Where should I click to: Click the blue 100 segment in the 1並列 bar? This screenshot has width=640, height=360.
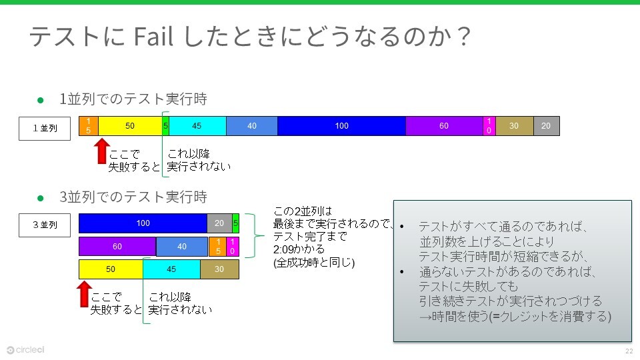(341, 126)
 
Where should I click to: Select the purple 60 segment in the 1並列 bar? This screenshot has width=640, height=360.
(444, 126)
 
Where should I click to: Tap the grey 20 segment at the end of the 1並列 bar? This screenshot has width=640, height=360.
(546, 126)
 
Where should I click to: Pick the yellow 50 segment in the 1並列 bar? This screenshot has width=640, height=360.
(130, 126)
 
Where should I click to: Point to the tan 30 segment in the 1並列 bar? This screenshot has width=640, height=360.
(514, 126)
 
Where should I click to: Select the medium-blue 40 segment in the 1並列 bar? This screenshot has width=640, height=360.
(251, 126)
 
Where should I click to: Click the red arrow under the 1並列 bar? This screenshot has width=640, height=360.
(101, 150)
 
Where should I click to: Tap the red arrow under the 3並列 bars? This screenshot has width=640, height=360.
(84, 293)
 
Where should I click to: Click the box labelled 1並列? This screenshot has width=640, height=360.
(45, 127)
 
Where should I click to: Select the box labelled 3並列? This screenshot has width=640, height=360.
(45, 225)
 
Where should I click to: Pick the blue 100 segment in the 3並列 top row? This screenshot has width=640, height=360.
(143, 223)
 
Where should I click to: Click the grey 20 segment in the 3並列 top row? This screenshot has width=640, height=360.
(219, 223)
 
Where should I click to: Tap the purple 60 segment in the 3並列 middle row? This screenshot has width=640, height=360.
(117, 247)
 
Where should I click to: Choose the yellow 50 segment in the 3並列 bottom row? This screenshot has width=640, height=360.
(111, 269)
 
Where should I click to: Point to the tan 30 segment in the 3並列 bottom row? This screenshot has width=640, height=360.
(219, 269)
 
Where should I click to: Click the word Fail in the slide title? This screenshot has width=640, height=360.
(155, 38)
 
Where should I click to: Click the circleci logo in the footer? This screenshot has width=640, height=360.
(25, 349)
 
